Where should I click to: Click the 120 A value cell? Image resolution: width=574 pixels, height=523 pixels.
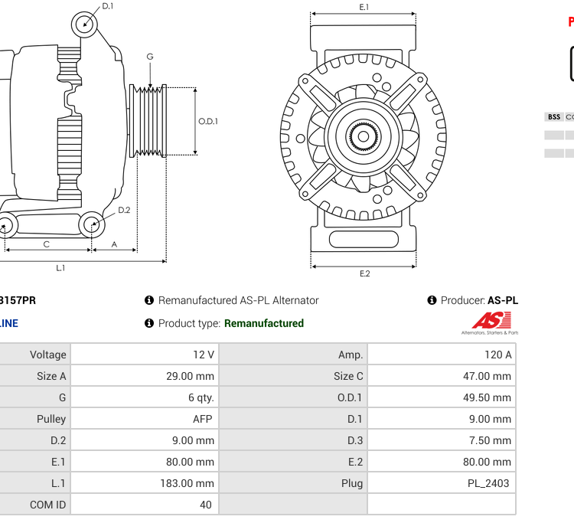pyautogui.click(x=497, y=355)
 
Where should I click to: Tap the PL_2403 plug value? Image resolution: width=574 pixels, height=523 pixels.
pyautogui.click(x=488, y=483)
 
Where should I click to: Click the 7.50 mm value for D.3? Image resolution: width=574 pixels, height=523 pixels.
pyautogui.click(x=490, y=440)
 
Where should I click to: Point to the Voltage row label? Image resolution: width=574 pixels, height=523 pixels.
pyautogui.click(x=48, y=355)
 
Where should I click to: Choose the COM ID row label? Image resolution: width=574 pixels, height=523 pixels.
pyautogui.click(x=48, y=505)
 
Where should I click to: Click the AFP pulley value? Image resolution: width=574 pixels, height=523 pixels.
pyautogui.click(x=203, y=419)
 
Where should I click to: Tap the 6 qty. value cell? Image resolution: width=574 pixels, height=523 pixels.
pyautogui.click(x=201, y=397)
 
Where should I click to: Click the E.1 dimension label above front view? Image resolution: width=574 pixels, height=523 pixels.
pyautogui.click(x=364, y=7)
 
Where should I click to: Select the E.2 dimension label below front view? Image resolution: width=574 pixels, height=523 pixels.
pyautogui.click(x=364, y=273)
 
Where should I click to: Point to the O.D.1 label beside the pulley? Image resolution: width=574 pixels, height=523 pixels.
pyautogui.click(x=208, y=121)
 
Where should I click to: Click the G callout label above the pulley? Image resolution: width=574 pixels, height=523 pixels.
pyautogui.click(x=150, y=57)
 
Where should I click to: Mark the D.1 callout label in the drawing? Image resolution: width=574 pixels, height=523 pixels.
pyautogui.click(x=108, y=6)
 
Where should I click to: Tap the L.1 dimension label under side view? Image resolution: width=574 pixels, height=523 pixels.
pyautogui.click(x=60, y=267)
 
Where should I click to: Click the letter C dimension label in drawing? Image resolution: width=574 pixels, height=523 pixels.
pyautogui.click(x=47, y=244)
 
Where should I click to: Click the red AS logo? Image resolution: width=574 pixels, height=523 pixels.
pyautogui.click(x=487, y=320)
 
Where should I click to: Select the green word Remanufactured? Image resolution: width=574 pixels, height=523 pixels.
pyautogui.click(x=263, y=323)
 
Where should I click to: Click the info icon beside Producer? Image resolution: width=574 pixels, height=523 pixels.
pyautogui.click(x=432, y=300)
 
